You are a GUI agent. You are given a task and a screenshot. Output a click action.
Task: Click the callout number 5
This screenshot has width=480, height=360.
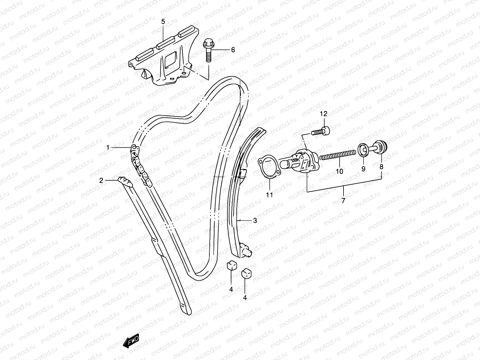click(x=163, y=22)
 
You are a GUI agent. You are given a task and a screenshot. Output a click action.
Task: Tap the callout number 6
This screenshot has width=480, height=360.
click(x=241, y=50)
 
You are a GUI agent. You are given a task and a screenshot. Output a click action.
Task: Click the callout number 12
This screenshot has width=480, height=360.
click(x=324, y=114)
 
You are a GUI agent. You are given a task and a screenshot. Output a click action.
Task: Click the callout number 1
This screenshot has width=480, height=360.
click(x=107, y=147)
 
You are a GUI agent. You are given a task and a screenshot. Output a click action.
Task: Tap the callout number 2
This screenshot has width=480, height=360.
click(x=101, y=180)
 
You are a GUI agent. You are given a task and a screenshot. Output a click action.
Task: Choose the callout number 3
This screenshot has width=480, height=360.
click(x=255, y=221)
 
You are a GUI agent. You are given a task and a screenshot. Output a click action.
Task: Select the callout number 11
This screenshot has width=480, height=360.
click(x=269, y=195)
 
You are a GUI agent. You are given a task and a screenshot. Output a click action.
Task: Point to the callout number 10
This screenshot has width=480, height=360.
click(x=339, y=172)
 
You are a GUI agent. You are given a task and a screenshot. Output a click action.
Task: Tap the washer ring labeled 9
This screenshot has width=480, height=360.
click(x=363, y=150)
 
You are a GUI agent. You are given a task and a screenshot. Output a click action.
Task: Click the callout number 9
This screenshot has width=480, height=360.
click(x=363, y=169)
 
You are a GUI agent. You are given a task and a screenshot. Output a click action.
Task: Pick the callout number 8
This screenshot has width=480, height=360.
click(x=381, y=167)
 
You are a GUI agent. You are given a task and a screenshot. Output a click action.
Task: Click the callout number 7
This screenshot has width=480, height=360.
click(x=343, y=201)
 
